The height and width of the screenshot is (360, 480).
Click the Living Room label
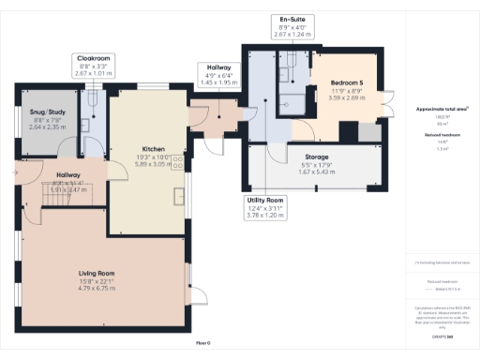[x=97, y=273]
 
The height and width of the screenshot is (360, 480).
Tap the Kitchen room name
[x=154, y=149]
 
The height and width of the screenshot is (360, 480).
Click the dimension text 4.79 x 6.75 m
[x=97, y=288]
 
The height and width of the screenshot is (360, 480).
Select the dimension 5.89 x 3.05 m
[x=154, y=163]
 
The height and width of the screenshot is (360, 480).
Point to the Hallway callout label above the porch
[x=217, y=67]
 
